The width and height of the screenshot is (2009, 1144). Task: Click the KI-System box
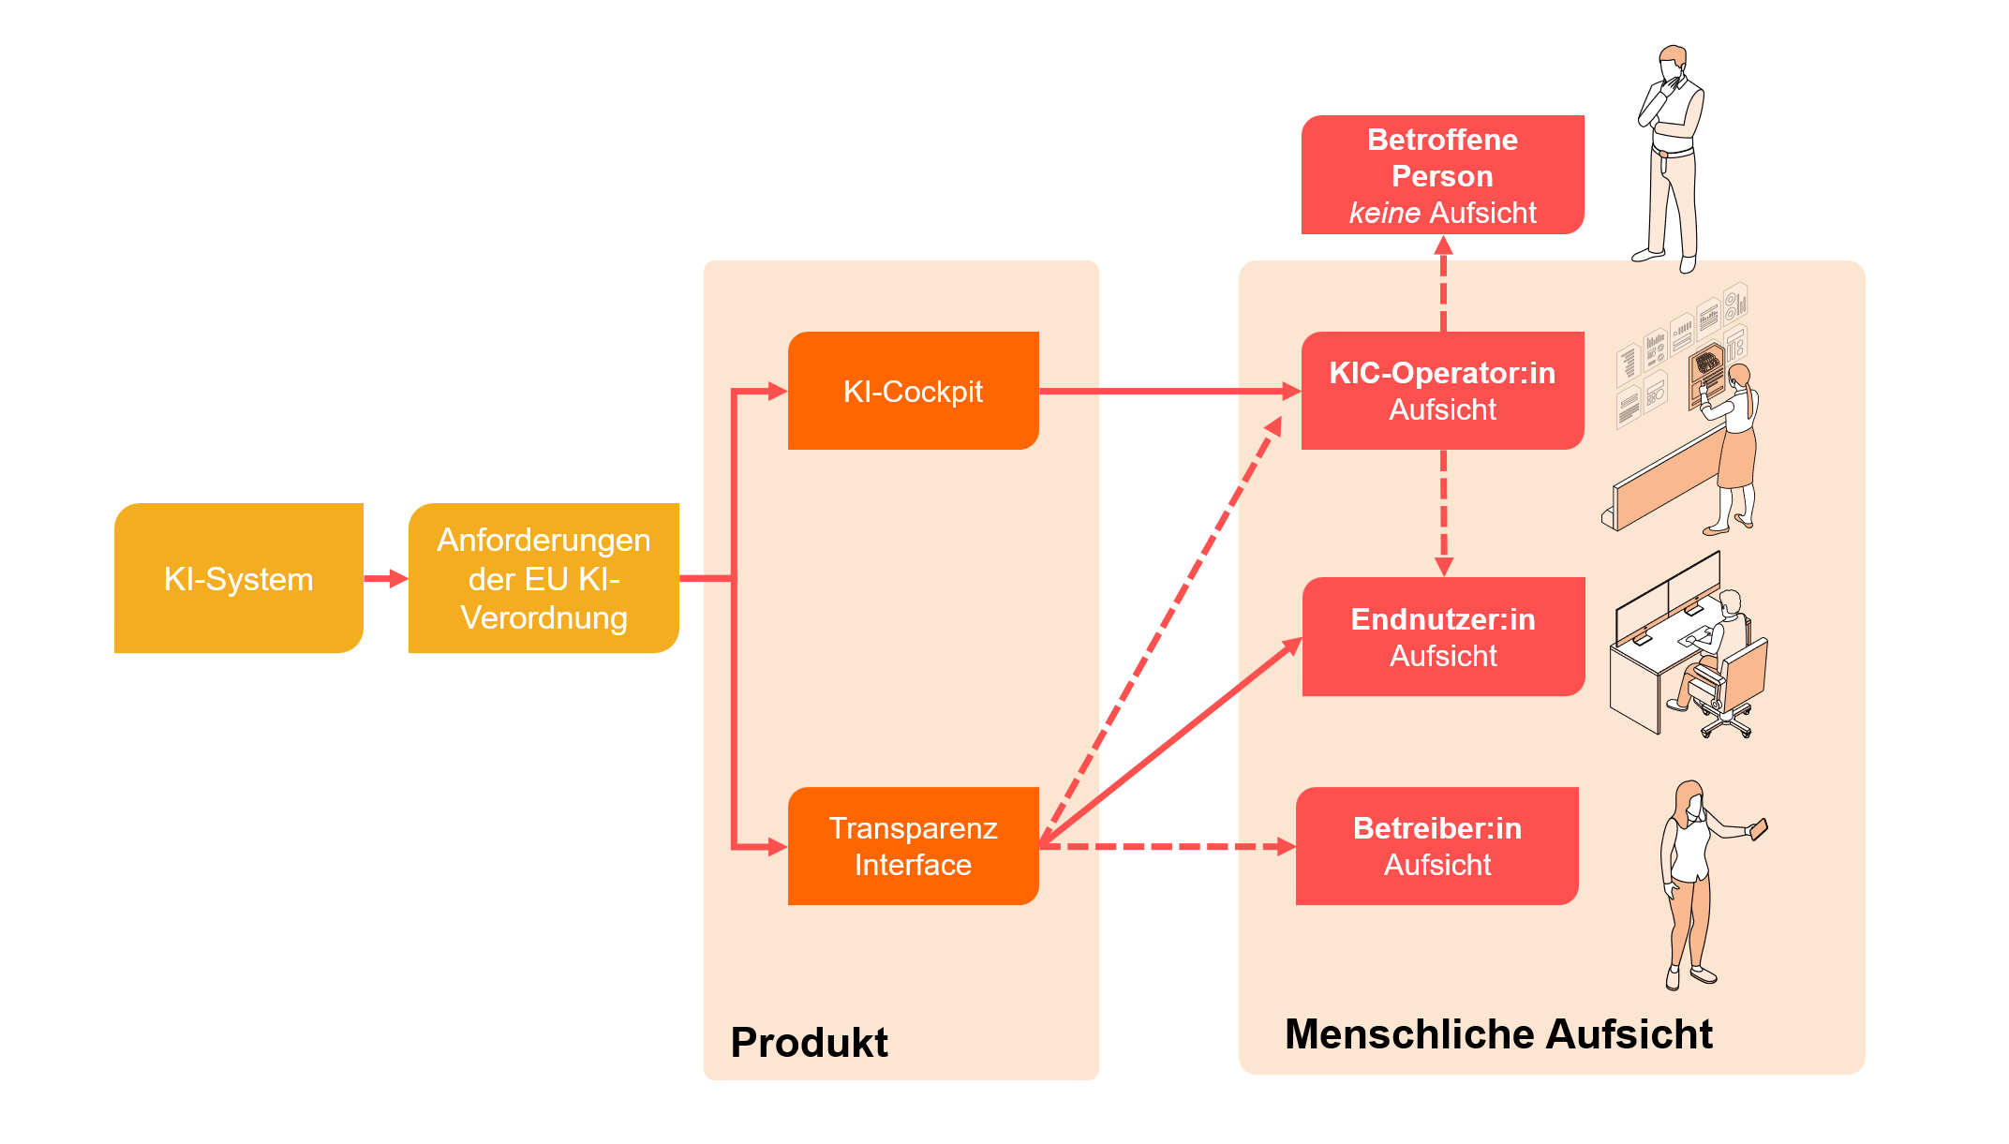238,578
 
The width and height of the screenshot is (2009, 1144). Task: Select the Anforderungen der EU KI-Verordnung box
543,578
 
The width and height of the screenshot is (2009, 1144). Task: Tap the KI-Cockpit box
913,391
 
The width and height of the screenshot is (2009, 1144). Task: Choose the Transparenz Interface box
913,846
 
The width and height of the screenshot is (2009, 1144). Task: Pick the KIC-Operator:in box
1442,391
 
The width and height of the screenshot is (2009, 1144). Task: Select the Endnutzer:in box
1443,636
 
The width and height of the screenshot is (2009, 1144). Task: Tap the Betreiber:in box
1436,846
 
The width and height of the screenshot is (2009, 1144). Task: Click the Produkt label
809,1042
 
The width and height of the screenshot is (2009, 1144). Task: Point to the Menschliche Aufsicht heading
1497,1034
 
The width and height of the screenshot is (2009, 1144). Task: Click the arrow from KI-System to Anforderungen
385,578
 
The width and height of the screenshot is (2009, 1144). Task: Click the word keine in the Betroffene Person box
1384,213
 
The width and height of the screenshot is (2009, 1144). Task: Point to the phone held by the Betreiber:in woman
1759,829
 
